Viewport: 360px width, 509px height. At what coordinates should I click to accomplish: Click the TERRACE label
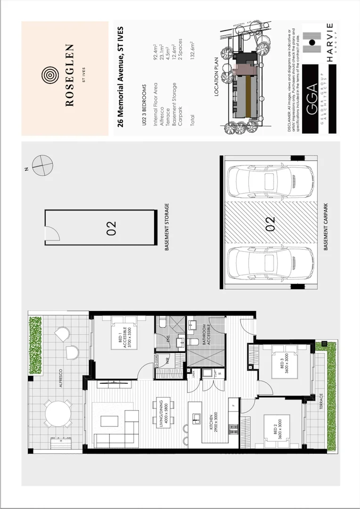(x=321, y=403)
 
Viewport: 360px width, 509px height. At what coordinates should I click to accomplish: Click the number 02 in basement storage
(x=111, y=228)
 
